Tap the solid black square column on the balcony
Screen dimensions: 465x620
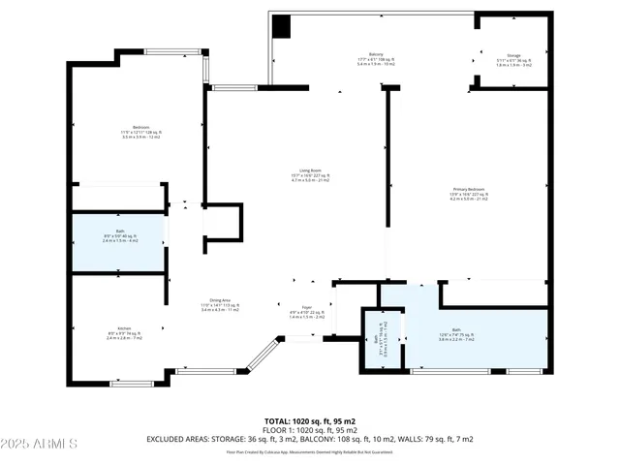[281, 28]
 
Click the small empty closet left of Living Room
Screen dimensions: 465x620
[221, 225]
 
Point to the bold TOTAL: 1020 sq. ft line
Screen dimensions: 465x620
[310, 421]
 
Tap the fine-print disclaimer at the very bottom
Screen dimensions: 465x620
[310, 451]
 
